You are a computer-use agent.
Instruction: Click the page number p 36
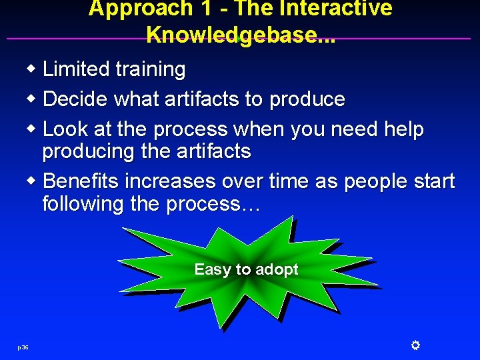pos(23,347)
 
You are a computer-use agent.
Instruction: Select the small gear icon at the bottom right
pos(415,345)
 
